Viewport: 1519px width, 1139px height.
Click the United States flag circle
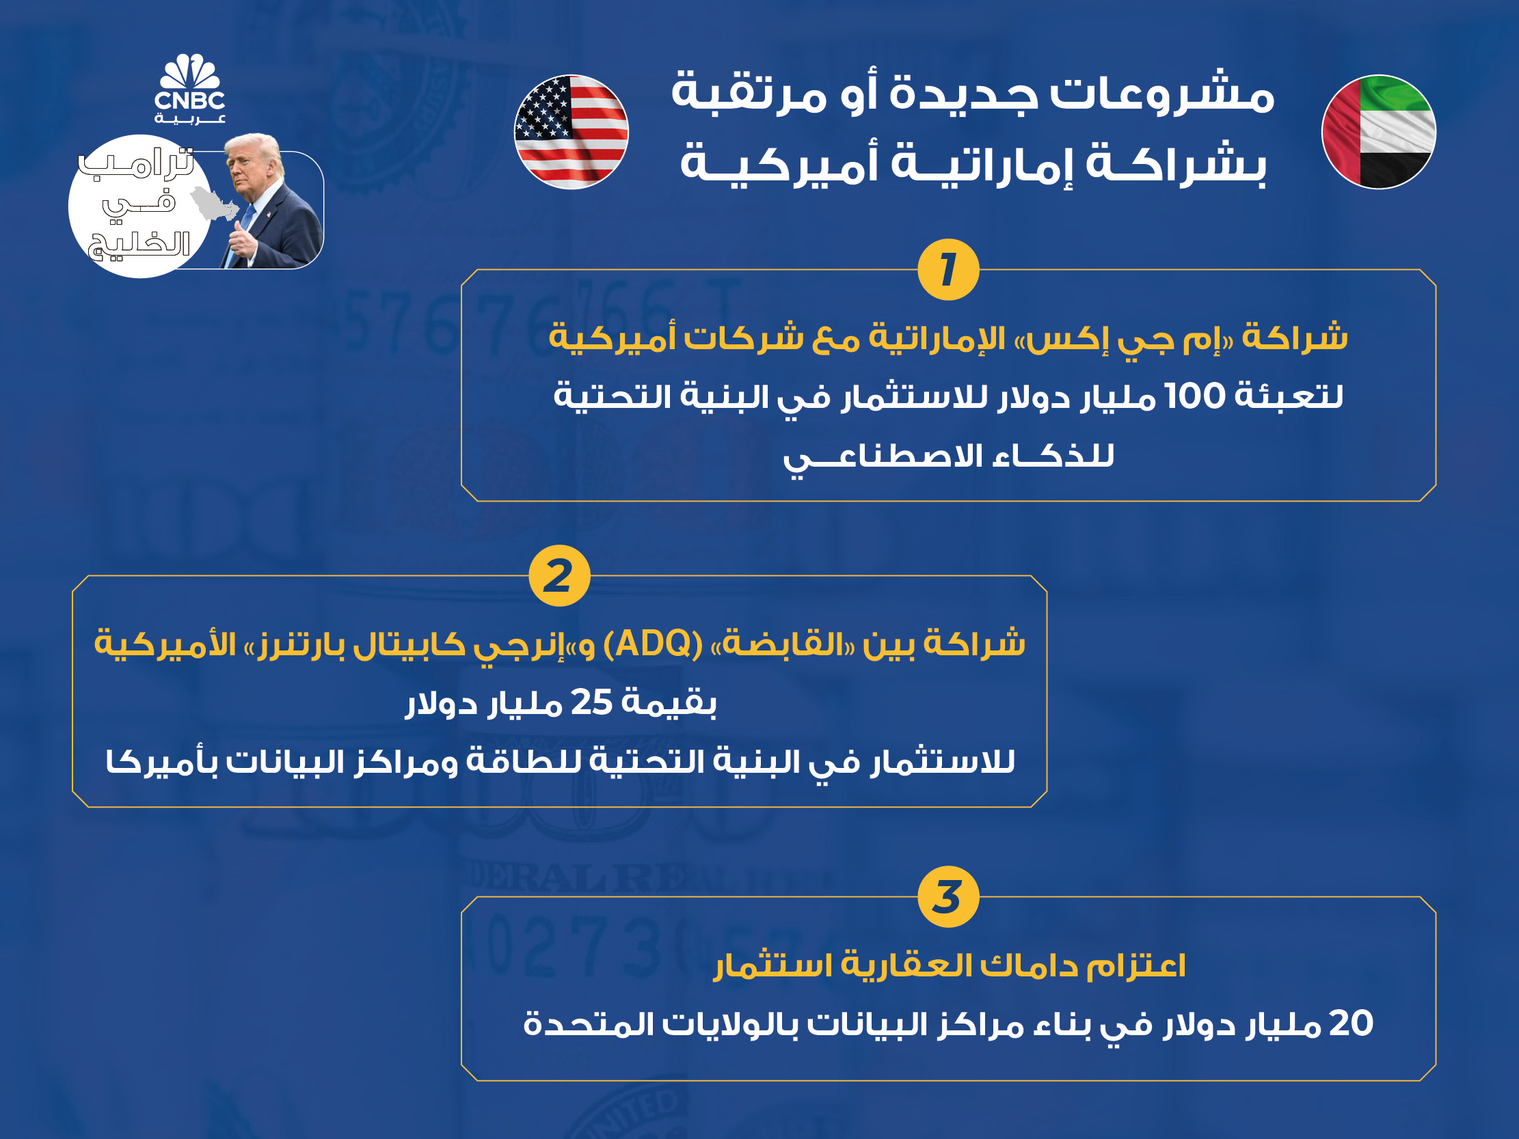tap(572, 132)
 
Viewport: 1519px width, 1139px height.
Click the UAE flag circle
tap(1379, 132)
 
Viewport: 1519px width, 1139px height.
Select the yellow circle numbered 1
tap(948, 269)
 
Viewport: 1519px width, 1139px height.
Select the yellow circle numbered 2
tap(560, 575)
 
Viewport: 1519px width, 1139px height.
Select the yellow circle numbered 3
tap(948, 896)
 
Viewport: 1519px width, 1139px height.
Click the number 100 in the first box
tap(1196, 396)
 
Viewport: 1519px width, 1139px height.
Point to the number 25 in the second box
tap(591, 702)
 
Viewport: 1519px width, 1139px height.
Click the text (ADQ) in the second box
tap(653, 644)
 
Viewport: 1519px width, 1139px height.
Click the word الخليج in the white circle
tap(139, 245)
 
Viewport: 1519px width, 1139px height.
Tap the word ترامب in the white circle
tap(136, 164)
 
